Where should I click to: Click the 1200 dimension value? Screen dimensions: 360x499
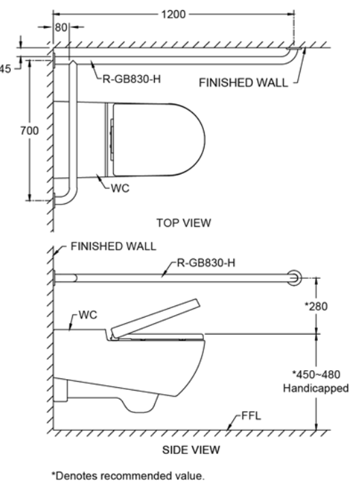click(173, 14)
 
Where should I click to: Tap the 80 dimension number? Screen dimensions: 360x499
click(61, 27)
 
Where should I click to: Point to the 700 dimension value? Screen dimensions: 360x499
click(29, 130)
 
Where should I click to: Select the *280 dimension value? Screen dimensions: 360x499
click(316, 306)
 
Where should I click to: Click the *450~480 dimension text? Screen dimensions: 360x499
click(316, 374)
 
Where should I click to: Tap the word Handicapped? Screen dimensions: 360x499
click(316, 389)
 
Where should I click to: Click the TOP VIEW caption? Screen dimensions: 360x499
click(183, 222)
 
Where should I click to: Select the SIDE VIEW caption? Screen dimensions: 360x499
click(191, 450)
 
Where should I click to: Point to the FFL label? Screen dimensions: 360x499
click(251, 416)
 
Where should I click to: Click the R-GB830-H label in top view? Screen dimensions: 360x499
click(132, 79)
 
